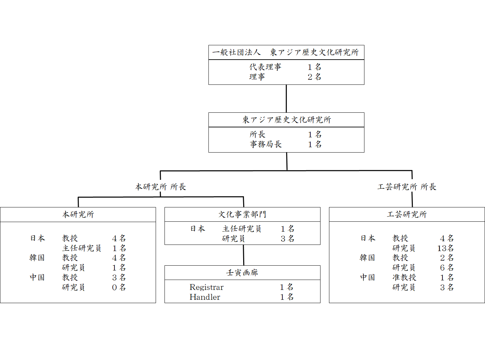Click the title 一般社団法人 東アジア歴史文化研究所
(285, 52)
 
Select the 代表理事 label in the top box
(265, 67)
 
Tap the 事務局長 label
(266, 144)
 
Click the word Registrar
(206, 287)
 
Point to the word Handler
(205, 297)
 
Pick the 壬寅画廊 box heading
(242, 272)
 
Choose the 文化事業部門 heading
(242, 214)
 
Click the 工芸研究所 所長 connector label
(407, 187)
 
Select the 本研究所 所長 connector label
(160, 187)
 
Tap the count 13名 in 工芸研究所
(445, 248)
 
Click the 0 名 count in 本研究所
(119, 287)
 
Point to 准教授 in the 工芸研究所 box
(404, 278)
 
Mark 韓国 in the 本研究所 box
(37, 258)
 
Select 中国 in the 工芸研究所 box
(367, 278)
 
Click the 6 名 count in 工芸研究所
(447, 268)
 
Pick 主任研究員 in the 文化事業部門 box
(242, 229)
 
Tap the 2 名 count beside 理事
(314, 77)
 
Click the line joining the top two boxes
(286, 98)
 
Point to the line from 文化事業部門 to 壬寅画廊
(244, 255)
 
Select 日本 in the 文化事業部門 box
(198, 229)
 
